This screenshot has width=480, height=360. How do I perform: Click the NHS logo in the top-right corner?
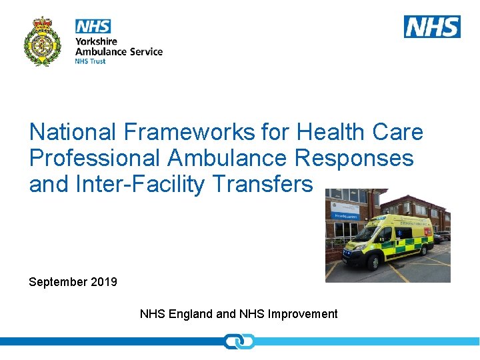coord(432,26)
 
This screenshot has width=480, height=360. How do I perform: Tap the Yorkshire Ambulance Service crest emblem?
coord(43,41)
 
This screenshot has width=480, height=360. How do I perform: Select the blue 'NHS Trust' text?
coord(90,61)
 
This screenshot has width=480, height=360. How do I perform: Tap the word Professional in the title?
coord(95,158)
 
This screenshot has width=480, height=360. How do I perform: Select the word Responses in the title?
coord(359,158)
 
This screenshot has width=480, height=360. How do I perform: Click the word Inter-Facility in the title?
coord(139,183)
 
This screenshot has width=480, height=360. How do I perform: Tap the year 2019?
coord(105,282)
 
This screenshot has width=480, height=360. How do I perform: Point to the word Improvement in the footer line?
coord(303,314)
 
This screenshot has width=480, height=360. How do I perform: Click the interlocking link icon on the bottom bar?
coord(239,341)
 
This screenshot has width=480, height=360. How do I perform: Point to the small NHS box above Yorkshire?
coord(93,26)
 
